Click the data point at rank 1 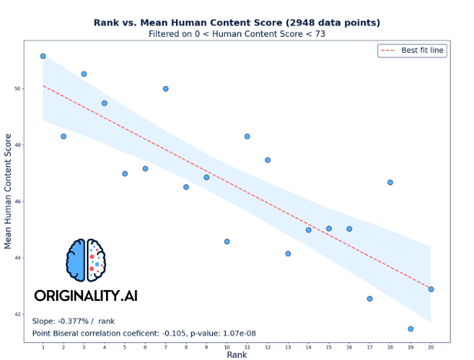43,56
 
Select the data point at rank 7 165,89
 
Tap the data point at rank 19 410,329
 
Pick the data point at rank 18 390,182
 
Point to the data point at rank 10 227,241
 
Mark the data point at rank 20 431,289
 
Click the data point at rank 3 84,74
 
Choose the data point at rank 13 288,253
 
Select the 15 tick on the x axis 329,347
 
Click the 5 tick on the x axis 124,347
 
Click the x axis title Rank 237,355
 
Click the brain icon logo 86,259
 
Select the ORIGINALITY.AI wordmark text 85,296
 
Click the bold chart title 237,22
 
